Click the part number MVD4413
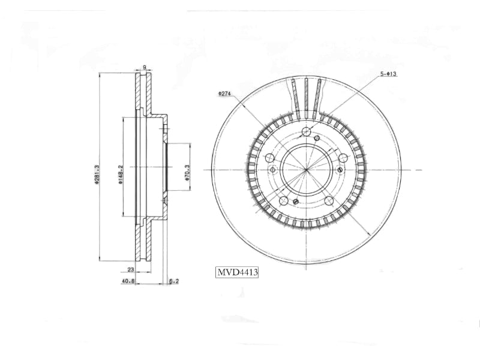[237, 272]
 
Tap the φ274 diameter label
[224, 94]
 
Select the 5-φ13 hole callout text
[388, 74]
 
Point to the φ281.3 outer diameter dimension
[97, 174]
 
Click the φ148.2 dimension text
[121, 175]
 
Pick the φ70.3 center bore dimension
[187, 174]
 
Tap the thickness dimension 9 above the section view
[144, 67]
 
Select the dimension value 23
[130, 270]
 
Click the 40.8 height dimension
[128, 280]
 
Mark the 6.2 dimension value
[173, 280]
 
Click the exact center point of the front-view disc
[306, 170]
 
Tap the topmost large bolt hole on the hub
[306, 131]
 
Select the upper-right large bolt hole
[343, 158]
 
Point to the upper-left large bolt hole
[269, 158]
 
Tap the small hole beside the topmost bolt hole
[316, 138]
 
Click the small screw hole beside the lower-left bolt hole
[295, 201]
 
